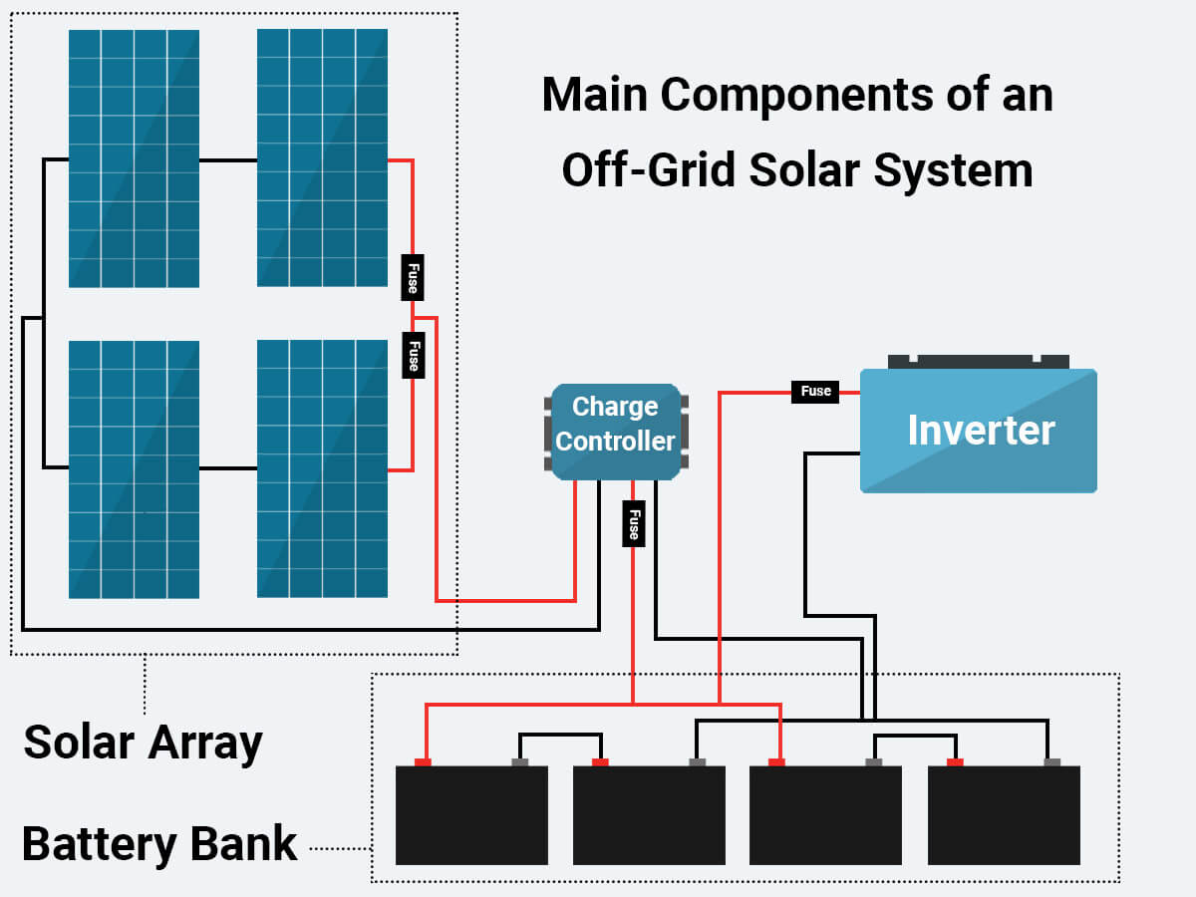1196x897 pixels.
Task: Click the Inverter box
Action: coord(978,431)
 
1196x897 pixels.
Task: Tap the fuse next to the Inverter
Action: coord(815,392)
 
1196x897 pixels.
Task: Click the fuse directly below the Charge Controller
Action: coord(632,524)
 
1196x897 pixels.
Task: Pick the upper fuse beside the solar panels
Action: coord(412,277)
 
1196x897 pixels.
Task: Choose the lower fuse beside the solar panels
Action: coord(412,354)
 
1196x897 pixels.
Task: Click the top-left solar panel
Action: coord(134,158)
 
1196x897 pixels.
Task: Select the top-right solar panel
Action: coord(322,157)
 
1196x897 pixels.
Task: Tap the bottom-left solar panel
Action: coord(134,469)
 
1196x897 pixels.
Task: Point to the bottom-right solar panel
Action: coord(322,468)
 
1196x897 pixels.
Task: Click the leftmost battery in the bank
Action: coord(471,815)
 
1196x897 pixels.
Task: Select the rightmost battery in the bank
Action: coord(1004,815)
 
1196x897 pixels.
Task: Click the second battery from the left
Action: coord(649,815)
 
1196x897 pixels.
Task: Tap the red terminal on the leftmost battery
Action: coord(423,762)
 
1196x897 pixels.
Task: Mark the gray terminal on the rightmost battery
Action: coord(1051,762)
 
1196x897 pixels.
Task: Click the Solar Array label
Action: coord(143,743)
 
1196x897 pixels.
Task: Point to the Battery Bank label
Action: coord(159,844)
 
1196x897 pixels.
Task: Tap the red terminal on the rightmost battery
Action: coord(955,762)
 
